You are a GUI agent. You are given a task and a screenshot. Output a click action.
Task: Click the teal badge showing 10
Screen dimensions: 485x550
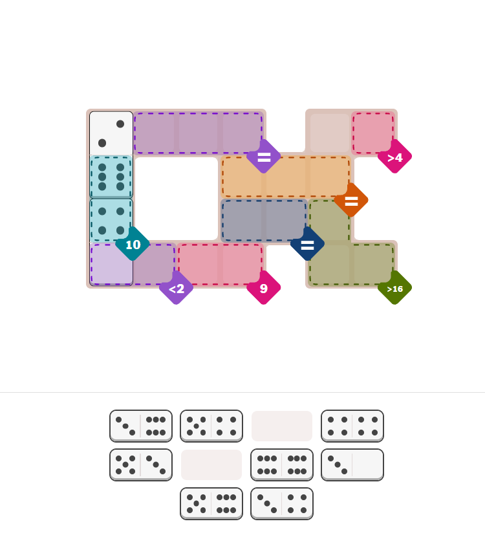coord(133,244)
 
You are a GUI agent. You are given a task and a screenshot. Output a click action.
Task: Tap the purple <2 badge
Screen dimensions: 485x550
coord(177,288)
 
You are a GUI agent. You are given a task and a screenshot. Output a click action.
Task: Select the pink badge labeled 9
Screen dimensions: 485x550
coord(264,288)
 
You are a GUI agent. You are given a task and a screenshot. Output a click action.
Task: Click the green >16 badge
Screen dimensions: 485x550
coord(394,288)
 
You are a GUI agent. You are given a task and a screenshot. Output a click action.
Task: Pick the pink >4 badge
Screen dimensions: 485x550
coord(394,157)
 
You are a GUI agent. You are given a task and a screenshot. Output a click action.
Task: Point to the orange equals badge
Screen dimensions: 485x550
coord(351,201)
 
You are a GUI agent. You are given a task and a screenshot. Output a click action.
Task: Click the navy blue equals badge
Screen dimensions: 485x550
coord(307,244)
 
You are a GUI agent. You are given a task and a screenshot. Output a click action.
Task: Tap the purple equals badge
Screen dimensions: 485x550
coord(264,157)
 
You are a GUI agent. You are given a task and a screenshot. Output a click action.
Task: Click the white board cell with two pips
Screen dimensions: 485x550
coord(111,133)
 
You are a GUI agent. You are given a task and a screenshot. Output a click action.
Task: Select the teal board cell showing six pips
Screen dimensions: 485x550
coord(111,177)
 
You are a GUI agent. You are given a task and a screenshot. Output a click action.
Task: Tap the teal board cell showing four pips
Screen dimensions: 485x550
coord(111,221)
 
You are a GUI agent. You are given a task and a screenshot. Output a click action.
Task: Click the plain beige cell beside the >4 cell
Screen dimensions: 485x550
coord(329,133)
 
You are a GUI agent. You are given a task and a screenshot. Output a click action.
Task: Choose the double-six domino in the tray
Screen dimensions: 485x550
coord(282,465)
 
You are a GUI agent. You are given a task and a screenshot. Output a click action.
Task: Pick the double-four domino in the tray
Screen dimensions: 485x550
coord(352,426)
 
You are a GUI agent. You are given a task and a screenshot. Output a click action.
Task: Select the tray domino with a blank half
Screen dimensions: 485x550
coord(352,465)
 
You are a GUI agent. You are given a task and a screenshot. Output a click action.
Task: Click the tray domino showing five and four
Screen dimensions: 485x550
coord(211,426)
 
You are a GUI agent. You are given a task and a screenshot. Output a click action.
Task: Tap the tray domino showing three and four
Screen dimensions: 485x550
coord(282,503)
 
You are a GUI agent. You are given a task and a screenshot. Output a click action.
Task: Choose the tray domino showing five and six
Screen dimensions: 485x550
coord(211,503)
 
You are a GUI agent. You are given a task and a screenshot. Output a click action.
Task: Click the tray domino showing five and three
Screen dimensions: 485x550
coord(141,465)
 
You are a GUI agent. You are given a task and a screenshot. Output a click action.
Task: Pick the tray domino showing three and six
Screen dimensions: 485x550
coord(141,426)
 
